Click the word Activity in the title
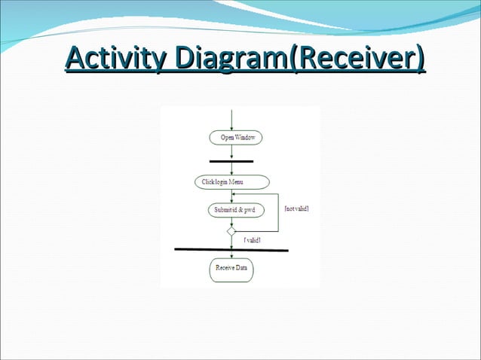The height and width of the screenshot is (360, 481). click(x=115, y=58)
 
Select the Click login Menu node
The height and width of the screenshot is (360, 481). click(x=231, y=182)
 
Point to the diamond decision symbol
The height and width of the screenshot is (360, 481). click(x=231, y=231)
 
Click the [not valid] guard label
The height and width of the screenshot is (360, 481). click(x=296, y=209)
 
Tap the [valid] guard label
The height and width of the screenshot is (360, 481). click(x=253, y=239)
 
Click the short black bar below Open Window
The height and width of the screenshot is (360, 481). click(x=231, y=160)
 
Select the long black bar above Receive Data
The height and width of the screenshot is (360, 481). click(x=231, y=249)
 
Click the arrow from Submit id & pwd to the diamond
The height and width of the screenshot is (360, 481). click(x=231, y=221)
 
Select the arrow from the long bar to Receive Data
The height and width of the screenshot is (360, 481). click(x=231, y=255)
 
